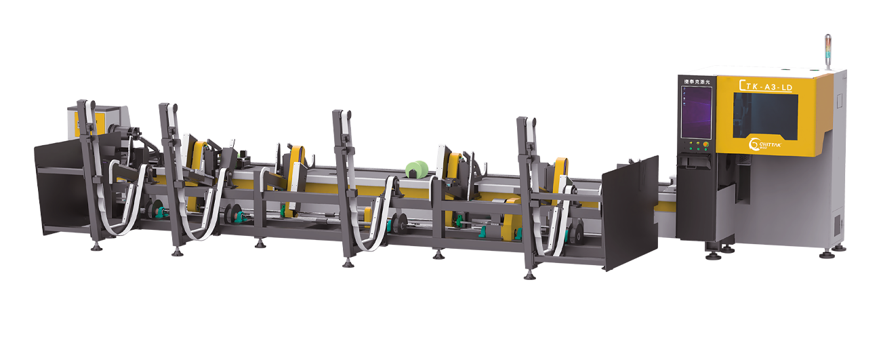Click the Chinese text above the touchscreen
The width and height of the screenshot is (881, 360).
coord(696,81)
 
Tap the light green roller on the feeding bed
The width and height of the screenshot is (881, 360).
coord(415,169)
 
